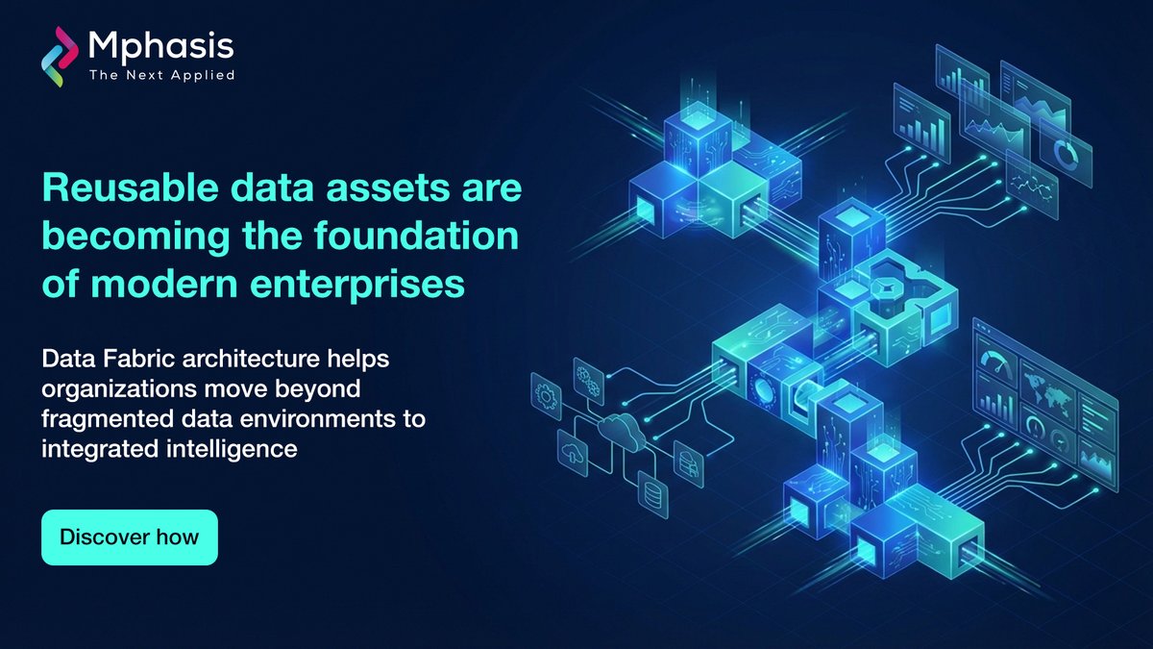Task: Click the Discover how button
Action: pyautogui.click(x=129, y=536)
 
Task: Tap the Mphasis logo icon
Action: pyautogui.click(x=60, y=54)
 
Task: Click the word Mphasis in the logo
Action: pyautogui.click(x=159, y=44)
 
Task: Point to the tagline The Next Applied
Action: pyautogui.click(x=160, y=74)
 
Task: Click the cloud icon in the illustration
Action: pyautogui.click(x=620, y=434)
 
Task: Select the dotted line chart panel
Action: pyautogui.click(x=1033, y=183)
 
